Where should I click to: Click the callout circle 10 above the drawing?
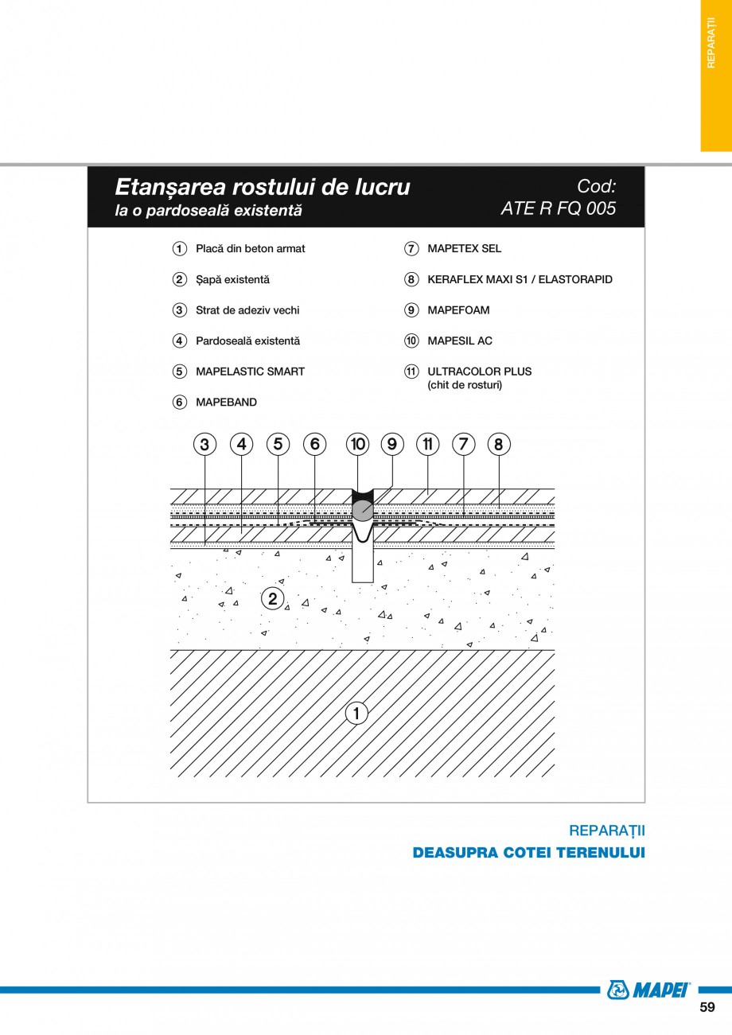(x=358, y=444)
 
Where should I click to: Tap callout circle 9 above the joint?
(x=391, y=444)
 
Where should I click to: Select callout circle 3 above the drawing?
(x=204, y=444)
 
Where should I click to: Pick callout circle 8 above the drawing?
(x=499, y=444)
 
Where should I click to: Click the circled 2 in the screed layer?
(x=272, y=598)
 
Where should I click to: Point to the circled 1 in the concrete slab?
(x=356, y=714)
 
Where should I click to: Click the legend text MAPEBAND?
(x=226, y=403)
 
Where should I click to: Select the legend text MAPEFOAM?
(x=458, y=310)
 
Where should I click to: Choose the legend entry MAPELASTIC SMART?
(x=250, y=372)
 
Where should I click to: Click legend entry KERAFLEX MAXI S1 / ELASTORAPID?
(x=520, y=280)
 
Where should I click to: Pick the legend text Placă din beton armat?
(x=250, y=249)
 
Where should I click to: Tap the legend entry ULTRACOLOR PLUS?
(x=479, y=372)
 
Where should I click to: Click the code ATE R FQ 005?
(x=558, y=208)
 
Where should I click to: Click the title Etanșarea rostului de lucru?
(x=263, y=187)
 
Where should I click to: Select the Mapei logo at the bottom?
(x=649, y=990)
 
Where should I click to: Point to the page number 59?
(x=707, y=1007)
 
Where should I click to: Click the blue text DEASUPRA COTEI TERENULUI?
(x=528, y=853)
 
